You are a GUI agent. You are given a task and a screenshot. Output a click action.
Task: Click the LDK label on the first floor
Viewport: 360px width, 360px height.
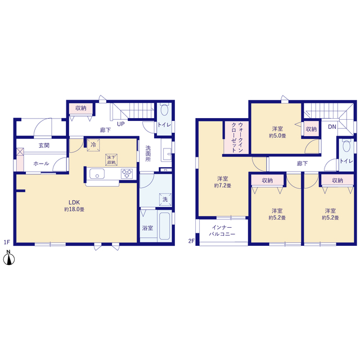pos(74,202)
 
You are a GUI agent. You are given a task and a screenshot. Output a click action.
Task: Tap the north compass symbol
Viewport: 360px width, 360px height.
pos(9,258)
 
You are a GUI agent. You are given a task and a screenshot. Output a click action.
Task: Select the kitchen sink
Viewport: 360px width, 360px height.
pos(97,174)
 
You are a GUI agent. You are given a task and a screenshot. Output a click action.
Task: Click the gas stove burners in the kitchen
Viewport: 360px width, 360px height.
pos(127,174)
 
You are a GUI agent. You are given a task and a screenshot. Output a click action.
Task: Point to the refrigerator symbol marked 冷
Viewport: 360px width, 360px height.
pos(93,145)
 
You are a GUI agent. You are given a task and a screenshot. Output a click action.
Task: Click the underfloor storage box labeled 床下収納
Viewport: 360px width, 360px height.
pos(111,160)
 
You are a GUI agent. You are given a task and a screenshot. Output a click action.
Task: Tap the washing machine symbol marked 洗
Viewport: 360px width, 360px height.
pos(165,199)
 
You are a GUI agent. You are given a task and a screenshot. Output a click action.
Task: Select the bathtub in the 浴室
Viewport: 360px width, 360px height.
pos(165,226)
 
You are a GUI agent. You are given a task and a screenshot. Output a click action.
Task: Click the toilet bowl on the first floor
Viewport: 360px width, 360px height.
pos(164,110)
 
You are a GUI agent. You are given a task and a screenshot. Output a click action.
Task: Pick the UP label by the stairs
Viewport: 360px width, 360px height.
pos(121,124)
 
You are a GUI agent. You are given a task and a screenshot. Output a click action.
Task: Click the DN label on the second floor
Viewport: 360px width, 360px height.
pos(332,127)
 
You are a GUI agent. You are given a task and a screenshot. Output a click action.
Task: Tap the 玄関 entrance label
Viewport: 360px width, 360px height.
pos(44,145)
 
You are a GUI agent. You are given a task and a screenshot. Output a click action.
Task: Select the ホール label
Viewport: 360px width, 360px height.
pos(41,164)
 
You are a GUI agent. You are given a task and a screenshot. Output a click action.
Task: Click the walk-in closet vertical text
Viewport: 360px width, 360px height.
pos(237,137)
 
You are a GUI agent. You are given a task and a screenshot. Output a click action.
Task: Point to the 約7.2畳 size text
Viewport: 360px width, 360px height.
pos(223,186)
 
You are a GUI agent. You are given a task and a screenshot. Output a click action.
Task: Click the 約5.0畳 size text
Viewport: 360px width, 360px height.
pos(277,136)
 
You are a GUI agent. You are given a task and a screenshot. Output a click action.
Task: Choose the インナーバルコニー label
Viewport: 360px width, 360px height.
pos(222,231)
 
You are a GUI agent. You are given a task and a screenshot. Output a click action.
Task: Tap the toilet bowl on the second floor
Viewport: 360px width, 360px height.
pos(346,146)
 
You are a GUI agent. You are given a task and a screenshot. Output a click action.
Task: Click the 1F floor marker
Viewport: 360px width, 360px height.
pos(7,242)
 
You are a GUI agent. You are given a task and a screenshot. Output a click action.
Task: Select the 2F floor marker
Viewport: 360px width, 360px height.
pos(191,241)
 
